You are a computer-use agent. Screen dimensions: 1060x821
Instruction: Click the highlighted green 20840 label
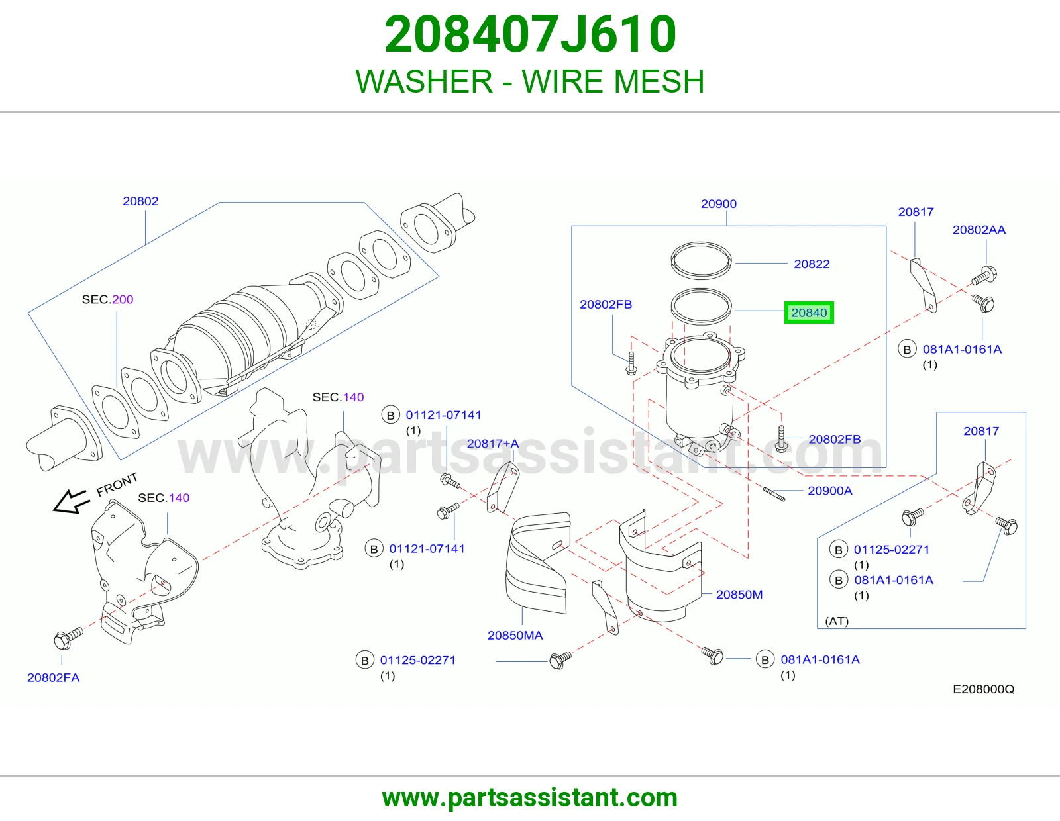click(809, 313)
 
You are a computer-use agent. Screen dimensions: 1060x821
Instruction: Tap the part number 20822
click(812, 264)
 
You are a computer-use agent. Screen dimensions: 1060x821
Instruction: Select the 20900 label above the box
click(719, 204)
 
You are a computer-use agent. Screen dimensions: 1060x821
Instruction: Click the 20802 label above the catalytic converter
click(140, 201)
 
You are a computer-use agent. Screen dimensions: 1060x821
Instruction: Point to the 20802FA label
click(53, 677)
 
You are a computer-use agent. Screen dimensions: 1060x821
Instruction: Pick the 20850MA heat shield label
click(515, 635)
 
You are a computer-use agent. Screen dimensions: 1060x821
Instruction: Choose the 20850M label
click(739, 595)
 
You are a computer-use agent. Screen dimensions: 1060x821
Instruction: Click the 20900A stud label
click(829, 491)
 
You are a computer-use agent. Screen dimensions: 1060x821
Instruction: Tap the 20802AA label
click(979, 230)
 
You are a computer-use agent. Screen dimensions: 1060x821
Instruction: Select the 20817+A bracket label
click(493, 443)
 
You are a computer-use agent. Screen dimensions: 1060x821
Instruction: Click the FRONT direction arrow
click(72, 501)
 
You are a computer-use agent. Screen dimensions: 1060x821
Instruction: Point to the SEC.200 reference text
click(107, 299)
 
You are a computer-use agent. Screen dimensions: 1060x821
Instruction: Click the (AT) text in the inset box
click(837, 620)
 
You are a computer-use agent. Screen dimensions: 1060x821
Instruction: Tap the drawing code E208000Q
click(983, 689)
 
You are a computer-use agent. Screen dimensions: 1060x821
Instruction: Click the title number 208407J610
click(530, 34)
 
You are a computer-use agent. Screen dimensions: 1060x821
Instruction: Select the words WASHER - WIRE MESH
click(530, 81)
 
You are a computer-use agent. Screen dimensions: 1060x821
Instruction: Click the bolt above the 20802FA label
click(68, 638)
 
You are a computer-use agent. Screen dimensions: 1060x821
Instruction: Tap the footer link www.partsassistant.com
click(530, 798)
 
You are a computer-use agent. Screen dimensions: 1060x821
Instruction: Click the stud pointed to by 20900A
click(774, 494)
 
